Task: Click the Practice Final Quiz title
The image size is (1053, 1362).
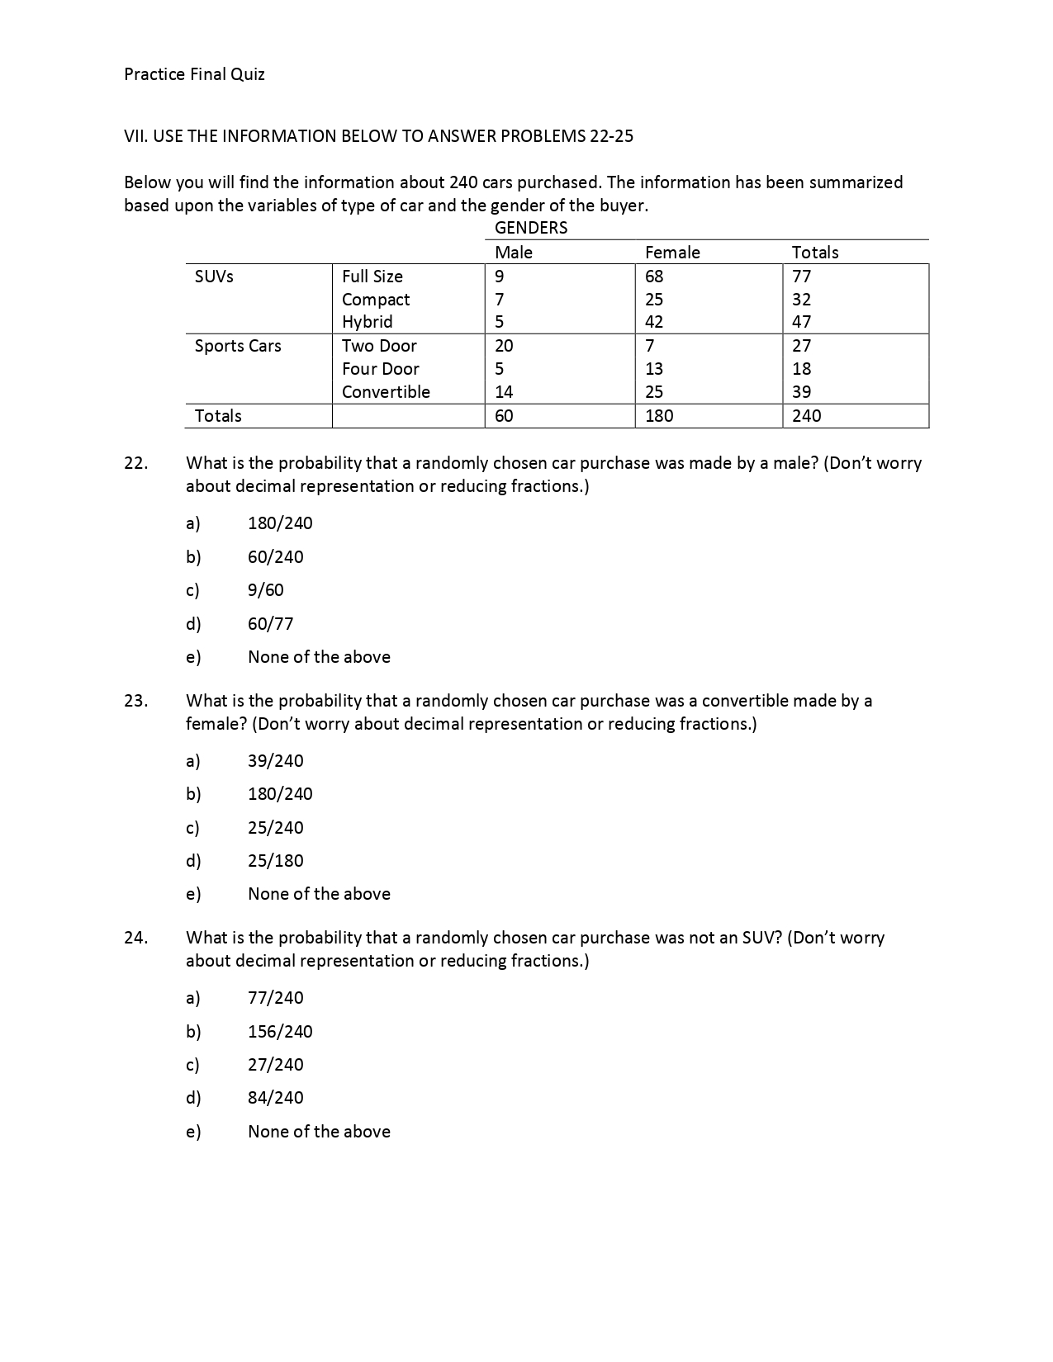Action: click(x=194, y=74)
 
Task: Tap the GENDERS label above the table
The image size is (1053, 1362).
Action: click(x=530, y=228)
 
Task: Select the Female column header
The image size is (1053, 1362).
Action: click(x=671, y=253)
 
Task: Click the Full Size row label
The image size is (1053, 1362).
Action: click(x=372, y=277)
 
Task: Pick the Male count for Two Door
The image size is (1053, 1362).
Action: click(x=504, y=346)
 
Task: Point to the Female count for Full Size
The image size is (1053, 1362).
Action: click(x=654, y=277)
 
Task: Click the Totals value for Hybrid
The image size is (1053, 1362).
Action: click(x=801, y=322)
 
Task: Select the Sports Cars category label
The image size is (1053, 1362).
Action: click(x=238, y=346)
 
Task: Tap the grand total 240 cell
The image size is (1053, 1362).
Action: click(x=806, y=416)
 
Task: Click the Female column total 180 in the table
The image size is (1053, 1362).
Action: click(x=659, y=416)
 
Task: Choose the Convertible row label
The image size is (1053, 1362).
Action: click(x=386, y=392)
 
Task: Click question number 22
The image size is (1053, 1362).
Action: click(x=136, y=463)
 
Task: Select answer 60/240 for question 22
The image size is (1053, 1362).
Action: click(x=275, y=557)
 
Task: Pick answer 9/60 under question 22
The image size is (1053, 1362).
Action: click(x=265, y=590)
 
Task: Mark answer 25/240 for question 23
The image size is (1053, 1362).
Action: click(x=275, y=828)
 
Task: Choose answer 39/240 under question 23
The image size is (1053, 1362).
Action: click(x=275, y=761)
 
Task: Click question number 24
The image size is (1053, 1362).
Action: click(x=136, y=938)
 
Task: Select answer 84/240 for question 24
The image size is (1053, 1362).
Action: click(x=275, y=1098)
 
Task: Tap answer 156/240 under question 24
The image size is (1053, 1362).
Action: click(x=280, y=1032)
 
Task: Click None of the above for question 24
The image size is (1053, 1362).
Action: click(x=319, y=1132)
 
